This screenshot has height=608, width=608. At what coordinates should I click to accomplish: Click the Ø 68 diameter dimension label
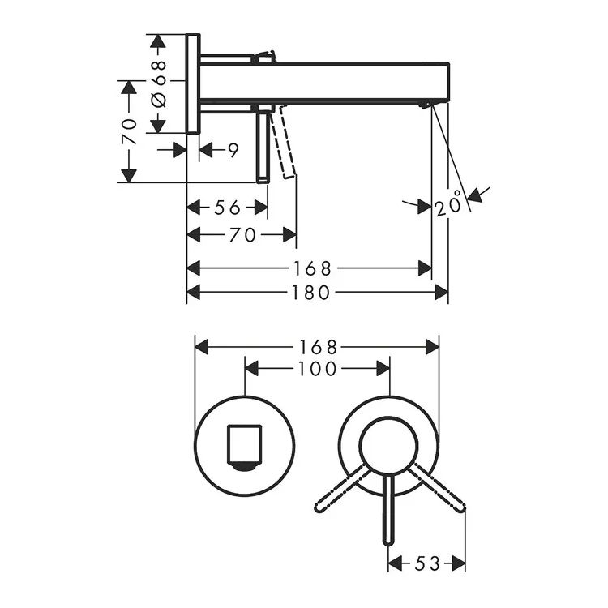tap(158, 83)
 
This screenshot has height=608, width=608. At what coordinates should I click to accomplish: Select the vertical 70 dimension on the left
tap(129, 132)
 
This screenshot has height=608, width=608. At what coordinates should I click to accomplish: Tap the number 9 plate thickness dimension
tap(233, 151)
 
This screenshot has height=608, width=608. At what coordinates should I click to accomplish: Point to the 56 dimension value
tap(227, 208)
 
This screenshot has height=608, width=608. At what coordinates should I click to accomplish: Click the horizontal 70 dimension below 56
tap(242, 235)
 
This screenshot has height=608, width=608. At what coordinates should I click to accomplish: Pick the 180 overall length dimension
tap(311, 293)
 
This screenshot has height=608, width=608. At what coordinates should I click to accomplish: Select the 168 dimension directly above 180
tap(313, 268)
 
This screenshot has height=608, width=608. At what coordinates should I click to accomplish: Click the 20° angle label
tap(448, 204)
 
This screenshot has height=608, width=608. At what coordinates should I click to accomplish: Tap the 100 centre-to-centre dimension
tap(317, 369)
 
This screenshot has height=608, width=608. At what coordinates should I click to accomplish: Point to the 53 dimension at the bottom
tap(427, 563)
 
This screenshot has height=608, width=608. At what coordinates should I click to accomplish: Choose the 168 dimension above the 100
tap(318, 347)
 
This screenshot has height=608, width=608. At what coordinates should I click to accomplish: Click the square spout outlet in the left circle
tap(244, 447)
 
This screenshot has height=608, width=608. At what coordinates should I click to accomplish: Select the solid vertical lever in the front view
tap(388, 509)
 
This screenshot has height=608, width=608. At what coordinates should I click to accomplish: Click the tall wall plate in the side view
tap(193, 83)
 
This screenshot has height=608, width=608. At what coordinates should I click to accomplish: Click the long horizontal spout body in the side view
tap(324, 81)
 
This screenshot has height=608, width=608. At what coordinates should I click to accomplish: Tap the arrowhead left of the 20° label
tap(424, 207)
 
